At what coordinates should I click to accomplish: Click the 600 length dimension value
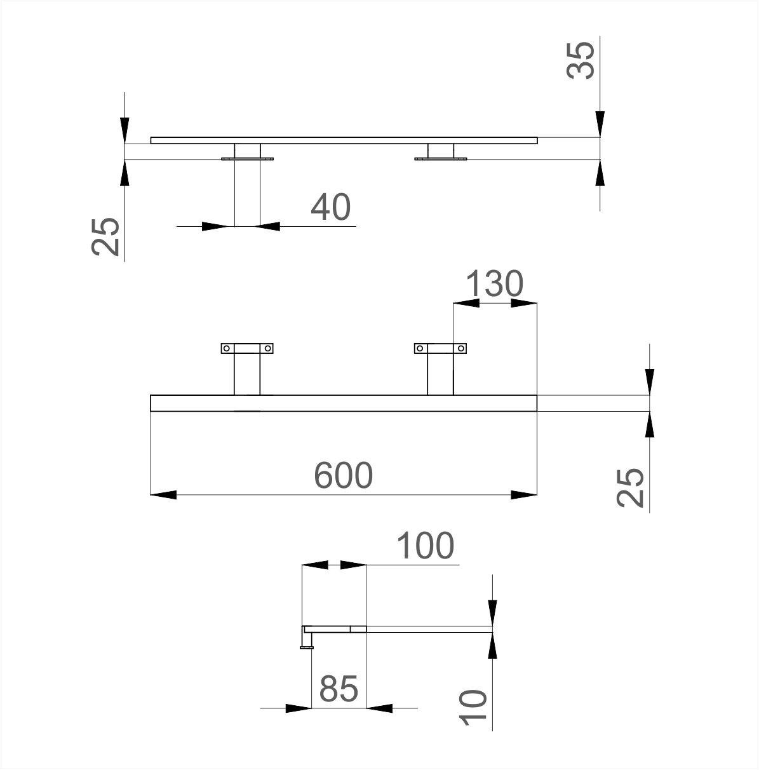pyautogui.click(x=343, y=475)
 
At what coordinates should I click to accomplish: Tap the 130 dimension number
pyautogui.click(x=495, y=283)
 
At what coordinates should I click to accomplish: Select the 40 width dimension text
pyautogui.click(x=331, y=207)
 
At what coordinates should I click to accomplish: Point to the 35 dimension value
pyautogui.click(x=581, y=60)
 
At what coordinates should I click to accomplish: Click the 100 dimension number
pyautogui.click(x=426, y=546)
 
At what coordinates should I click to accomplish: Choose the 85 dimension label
pyautogui.click(x=339, y=689)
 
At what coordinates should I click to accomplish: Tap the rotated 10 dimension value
pyautogui.click(x=473, y=708)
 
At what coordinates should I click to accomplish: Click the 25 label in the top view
pyautogui.click(x=105, y=236)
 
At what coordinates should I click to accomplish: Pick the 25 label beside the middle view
pyautogui.click(x=630, y=489)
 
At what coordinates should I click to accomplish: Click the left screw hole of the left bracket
pyautogui.click(x=227, y=348)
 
